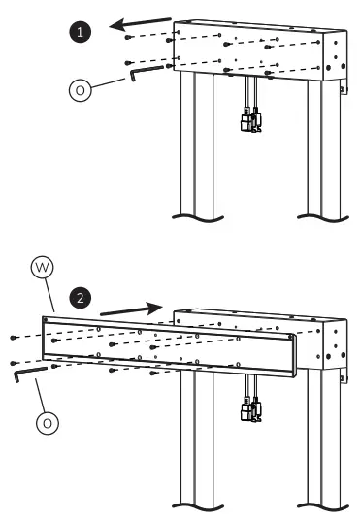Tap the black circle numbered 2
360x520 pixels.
(82, 293)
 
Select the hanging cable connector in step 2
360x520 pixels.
(249, 412)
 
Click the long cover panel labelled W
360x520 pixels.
(165, 344)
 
